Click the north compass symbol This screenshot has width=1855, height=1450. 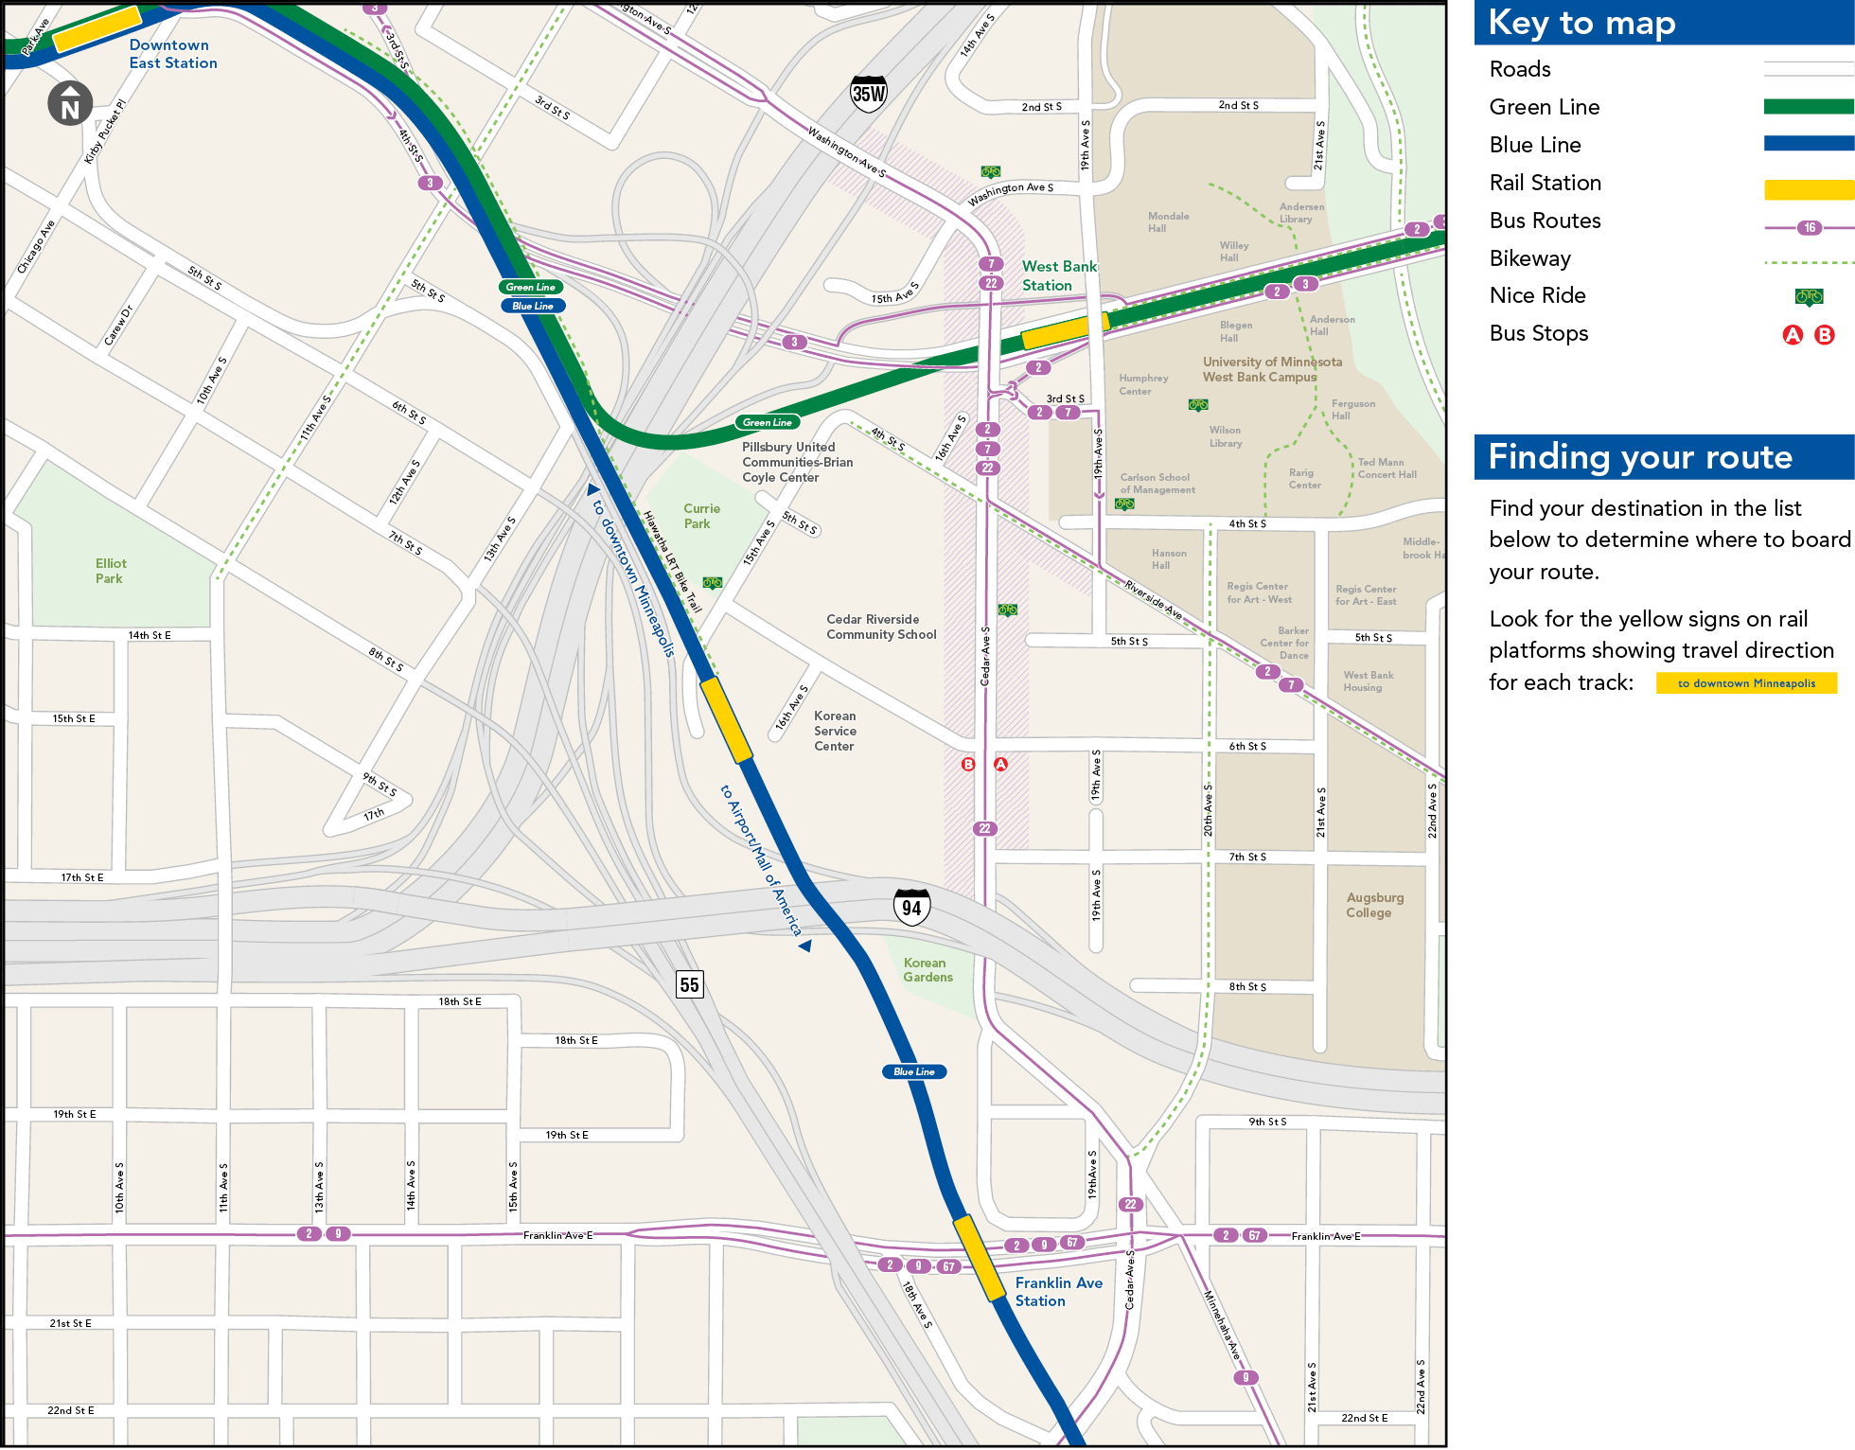[70, 104]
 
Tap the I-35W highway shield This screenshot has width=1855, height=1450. [869, 94]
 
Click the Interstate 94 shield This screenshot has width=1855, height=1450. [911, 908]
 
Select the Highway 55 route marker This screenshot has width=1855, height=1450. [689, 984]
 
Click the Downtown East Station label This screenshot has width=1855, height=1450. [172, 54]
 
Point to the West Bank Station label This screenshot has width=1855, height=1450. [1058, 276]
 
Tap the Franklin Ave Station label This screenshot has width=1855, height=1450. [1058, 1292]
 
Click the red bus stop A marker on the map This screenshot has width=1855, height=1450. [1000, 764]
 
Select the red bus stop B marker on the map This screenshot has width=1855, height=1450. [967, 764]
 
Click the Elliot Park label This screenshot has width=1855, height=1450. [110, 571]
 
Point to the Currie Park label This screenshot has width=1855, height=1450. [700, 516]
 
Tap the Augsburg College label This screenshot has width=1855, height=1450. [1374, 905]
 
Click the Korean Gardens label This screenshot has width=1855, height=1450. [927, 970]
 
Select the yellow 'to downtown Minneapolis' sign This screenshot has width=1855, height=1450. [1745, 683]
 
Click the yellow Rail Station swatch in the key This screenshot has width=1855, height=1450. [1808, 189]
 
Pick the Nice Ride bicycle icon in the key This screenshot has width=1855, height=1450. [1808, 297]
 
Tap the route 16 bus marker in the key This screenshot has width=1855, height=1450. [1809, 228]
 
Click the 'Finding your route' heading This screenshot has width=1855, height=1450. [1639, 457]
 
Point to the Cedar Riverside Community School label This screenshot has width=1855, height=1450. [880, 627]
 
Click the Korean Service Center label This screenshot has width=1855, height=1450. [834, 731]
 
